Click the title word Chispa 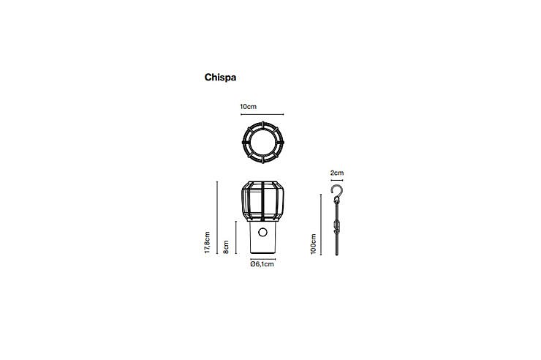pos(220,78)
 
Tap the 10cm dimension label pos(248,107)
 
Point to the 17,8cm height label pos(207,243)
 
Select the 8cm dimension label pos(226,247)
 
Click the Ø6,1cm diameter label pos(262,264)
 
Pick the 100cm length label pos(314,244)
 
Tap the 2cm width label pos(337,173)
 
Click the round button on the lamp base pos(262,232)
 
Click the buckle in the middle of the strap pos(337,226)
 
